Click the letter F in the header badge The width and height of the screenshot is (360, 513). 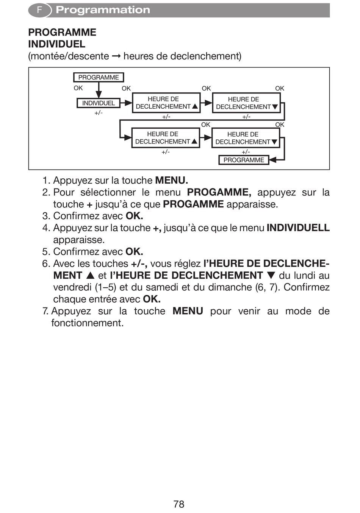tap(39, 10)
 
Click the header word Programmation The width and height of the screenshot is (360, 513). tap(103, 10)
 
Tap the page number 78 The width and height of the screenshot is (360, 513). tap(179, 504)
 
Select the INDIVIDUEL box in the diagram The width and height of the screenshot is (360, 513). tap(99, 103)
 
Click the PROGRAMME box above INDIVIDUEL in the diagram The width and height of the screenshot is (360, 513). tap(99, 77)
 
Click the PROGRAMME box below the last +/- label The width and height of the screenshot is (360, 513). tap(244, 160)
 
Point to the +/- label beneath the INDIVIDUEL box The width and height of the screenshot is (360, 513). tap(99, 113)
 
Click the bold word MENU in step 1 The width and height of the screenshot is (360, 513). tap(171, 180)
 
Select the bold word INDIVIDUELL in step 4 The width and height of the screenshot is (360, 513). tap(298, 228)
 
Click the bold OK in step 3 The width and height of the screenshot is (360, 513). tap(134, 216)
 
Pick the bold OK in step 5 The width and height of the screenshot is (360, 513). tap(134, 252)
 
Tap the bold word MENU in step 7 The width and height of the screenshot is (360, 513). tap(188, 311)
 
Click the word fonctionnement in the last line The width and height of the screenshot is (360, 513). tap(88, 323)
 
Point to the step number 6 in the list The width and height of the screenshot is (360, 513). tap(45, 264)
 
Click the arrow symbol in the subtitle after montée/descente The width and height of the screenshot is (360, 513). tap(116, 56)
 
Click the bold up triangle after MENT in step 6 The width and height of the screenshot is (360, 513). tap(90, 276)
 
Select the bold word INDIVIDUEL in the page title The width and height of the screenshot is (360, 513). tap(56, 44)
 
